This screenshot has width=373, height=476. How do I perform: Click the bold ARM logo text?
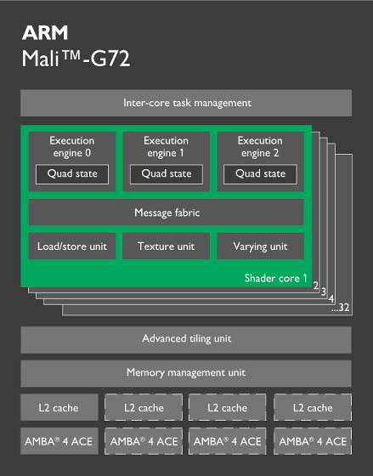(45, 32)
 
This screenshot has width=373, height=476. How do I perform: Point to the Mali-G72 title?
(76, 58)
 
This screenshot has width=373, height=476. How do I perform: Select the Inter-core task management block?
(186, 103)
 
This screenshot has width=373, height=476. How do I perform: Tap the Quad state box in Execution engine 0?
(72, 174)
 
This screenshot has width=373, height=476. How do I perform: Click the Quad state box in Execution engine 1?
(167, 174)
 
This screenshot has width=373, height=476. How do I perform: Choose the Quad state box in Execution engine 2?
(260, 174)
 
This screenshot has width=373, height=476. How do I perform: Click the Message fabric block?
(167, 212)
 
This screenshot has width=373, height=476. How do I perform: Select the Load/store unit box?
(72, 246)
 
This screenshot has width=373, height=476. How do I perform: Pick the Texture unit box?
(166, 246)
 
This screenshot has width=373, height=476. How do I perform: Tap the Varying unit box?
(260, 246)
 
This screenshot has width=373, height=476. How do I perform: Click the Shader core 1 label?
(275, 278)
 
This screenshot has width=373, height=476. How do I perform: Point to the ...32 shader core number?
(340, 308)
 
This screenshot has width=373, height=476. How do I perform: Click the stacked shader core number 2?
(316, 286)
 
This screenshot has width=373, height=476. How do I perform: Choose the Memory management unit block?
(186, 373)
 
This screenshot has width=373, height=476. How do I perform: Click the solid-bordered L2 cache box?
(59, 407)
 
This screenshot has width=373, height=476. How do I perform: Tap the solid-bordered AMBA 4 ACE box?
(59, 441)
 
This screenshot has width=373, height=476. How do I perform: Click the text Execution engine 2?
(260, 147)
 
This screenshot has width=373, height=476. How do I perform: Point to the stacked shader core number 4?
(331, 299)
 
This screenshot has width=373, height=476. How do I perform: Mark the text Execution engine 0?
(72, 147)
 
